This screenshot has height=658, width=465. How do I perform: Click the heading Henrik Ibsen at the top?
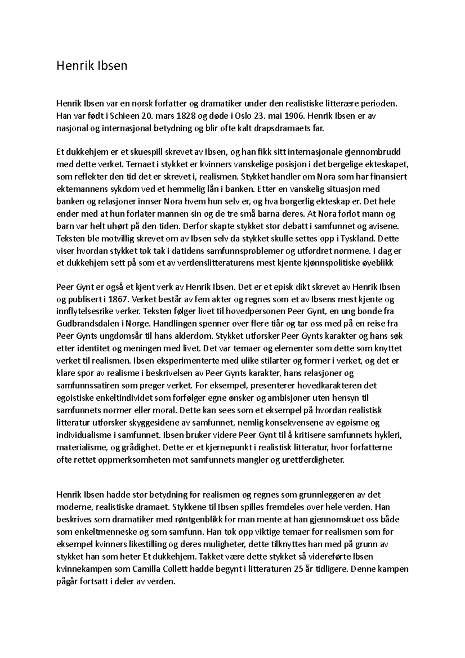pos(92,66)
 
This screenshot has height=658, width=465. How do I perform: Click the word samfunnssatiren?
pos(88,386)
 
